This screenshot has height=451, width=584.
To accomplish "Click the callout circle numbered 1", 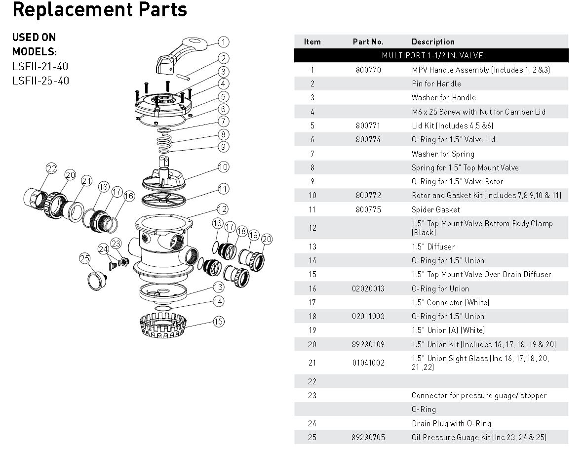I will [x=223, y=42].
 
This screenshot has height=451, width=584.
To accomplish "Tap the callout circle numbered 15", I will [x=219, y=322].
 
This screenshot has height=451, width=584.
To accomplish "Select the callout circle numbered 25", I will [x=84, y=258].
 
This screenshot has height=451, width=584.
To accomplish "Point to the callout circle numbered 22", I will [x=52, y=169].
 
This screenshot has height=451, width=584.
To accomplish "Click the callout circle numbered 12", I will [x=222, y=209].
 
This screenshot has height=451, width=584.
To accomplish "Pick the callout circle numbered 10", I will [x=223, y=167].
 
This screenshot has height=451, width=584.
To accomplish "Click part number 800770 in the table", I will [x=368, y=70].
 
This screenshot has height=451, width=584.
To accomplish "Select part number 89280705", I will [x=368, y=437].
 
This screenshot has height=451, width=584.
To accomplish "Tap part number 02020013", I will [x=368, y=288].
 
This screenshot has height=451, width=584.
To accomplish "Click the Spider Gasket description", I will [x=435, y=209].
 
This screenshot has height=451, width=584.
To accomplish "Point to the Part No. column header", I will [x=368, y=41].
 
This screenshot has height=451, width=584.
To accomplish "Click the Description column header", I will [x=433, y=41].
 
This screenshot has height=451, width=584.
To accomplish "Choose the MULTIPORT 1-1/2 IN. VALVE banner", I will [x=432, y=55].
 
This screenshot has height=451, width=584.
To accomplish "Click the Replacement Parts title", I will [x=100, y=10].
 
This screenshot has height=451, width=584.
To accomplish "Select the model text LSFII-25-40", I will [x=40, y=80].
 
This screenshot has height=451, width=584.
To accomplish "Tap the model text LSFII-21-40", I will [x=40, y=66].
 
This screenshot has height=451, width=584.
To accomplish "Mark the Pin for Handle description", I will [x=436, y=83].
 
